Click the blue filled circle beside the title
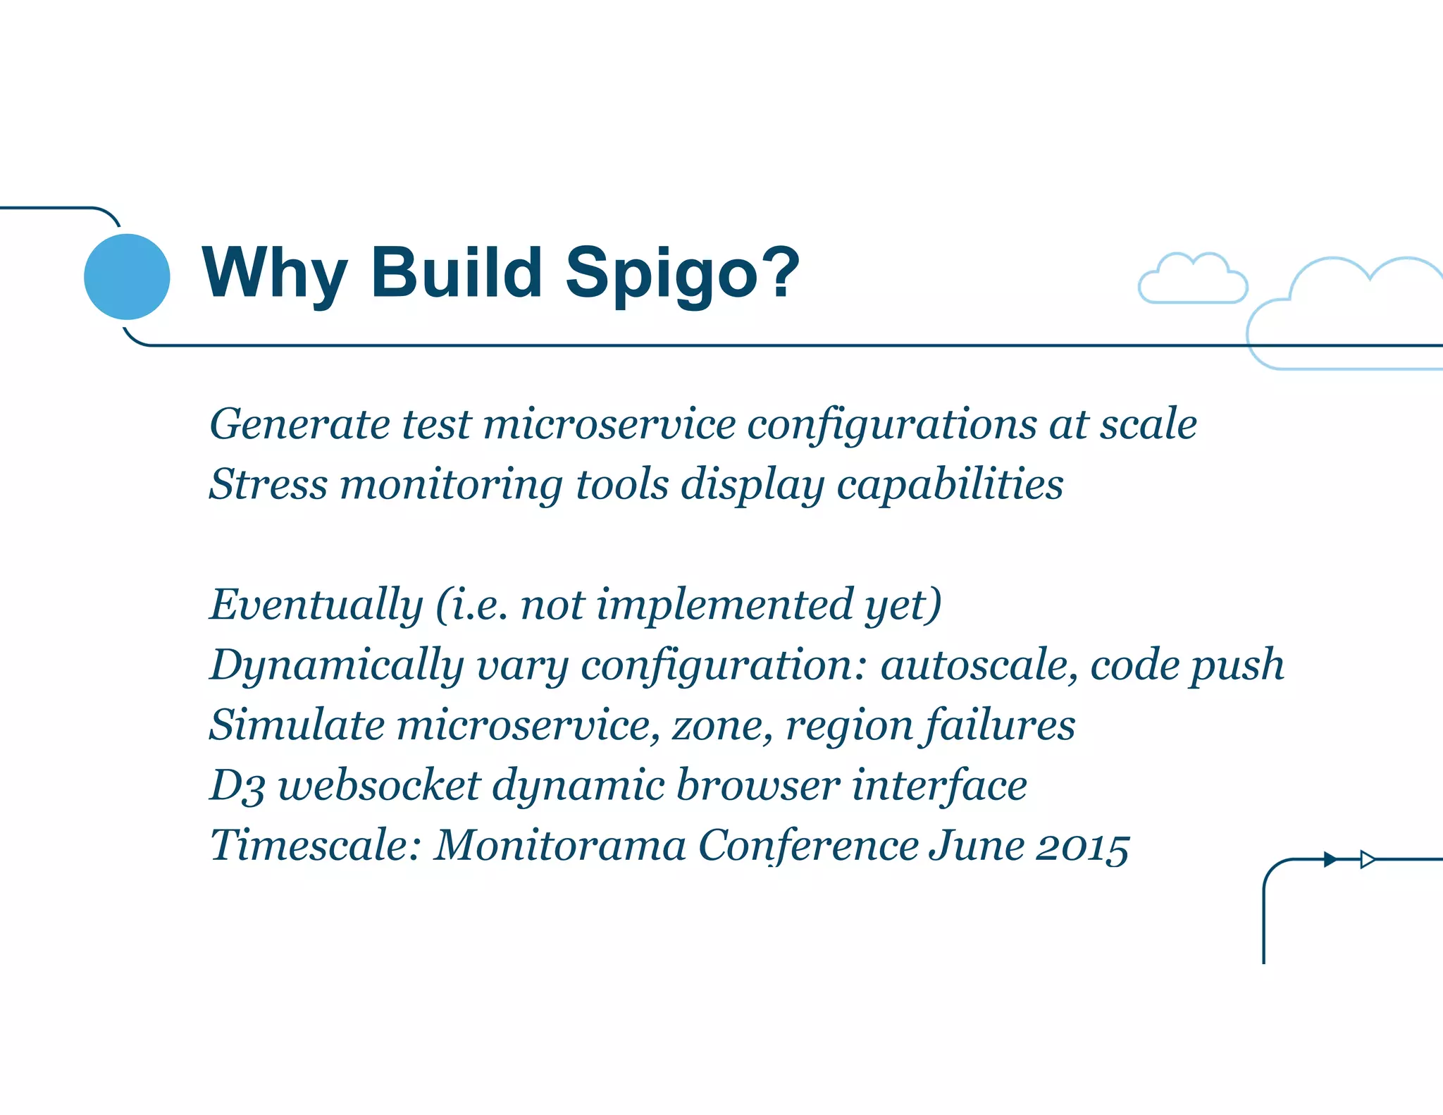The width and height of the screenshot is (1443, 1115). coord(127,276)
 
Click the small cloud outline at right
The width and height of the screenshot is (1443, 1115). coord(1193,281)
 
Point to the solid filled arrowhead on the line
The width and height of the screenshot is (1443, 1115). coord(1330,859)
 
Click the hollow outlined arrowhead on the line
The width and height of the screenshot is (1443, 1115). coord(1367,859)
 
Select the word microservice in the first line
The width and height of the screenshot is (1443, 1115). coord(609,425)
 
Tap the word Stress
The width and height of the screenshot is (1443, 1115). coord(268,485)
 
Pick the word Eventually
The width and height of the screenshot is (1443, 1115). coord(316,605)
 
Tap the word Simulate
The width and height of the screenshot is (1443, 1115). coord(296,725)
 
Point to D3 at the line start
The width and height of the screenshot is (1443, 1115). coord(237,786)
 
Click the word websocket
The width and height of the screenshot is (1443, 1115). coord(379,786)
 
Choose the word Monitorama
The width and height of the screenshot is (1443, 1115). coord(560,846)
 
